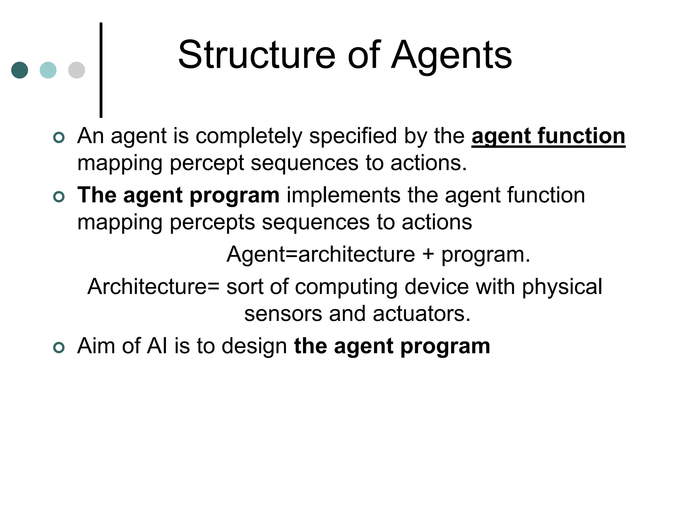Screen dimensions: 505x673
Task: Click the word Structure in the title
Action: [x=257, y=55]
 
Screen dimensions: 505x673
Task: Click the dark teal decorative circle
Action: [x=20, y=70]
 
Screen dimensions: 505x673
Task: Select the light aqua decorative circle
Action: [x=48, y=70]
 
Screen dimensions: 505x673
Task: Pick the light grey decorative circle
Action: [x=77, y=70]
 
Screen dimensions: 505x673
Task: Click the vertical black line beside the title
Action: [x=101, y=70]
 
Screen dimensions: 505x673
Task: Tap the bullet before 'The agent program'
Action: [x=59, y=197]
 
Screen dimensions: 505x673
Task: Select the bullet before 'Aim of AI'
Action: [x=59, y=348]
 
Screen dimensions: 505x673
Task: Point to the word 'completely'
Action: [x=249, y=136]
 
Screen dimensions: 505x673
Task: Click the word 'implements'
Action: [x=343, y=195]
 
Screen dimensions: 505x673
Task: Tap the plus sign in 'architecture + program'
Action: [x=428, y=254]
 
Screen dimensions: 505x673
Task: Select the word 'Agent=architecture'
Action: [x=321, y=254]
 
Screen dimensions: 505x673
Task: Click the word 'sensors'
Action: [x=283, y=314]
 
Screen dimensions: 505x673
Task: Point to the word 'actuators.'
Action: [x=422, y=314]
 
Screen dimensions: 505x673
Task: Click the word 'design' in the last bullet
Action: [x=254, y=347]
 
